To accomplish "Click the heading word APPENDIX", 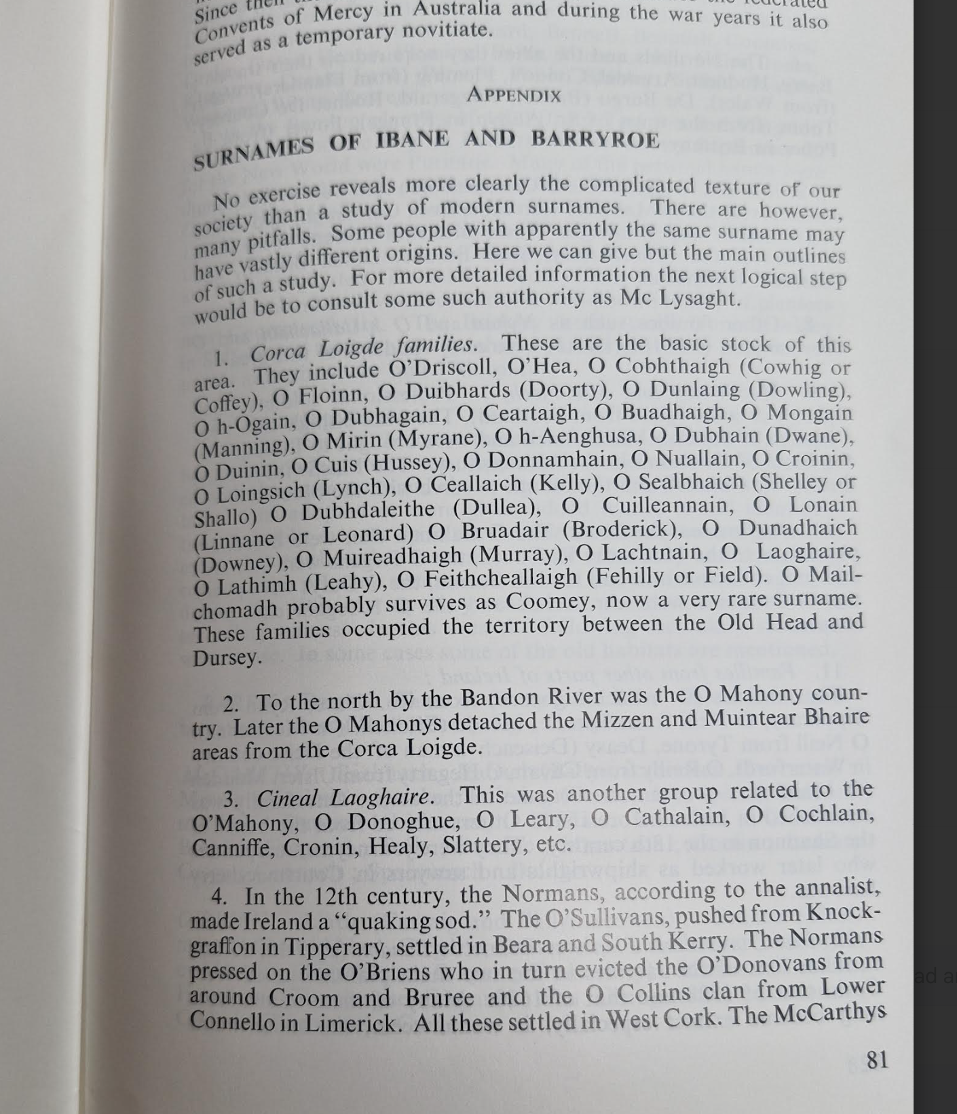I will pos(514,94).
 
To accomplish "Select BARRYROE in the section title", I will pos(595,139).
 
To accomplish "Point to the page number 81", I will pos(877,1059).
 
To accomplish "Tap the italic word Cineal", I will pos(288,798).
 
